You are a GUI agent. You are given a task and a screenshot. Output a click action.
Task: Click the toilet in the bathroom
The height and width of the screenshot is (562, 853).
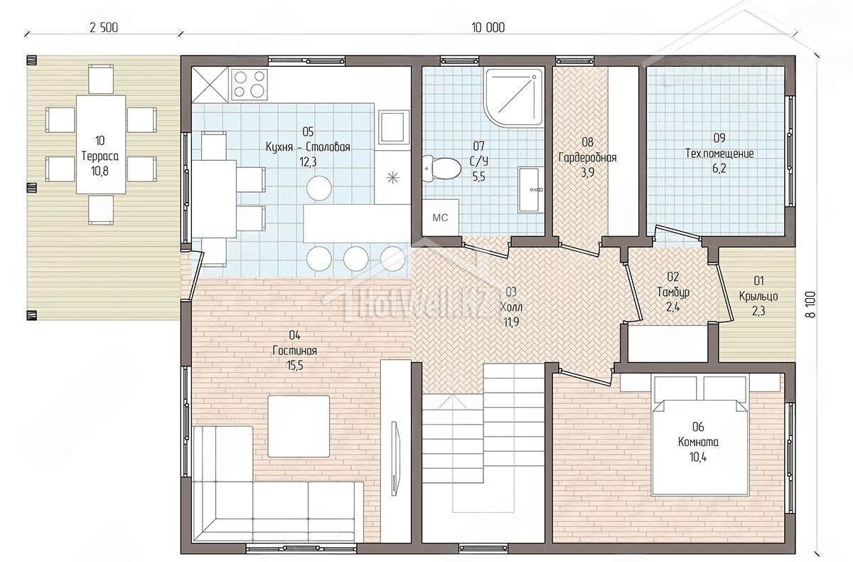point(441,168)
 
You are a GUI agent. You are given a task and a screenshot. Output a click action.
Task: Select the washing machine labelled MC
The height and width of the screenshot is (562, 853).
point(440,218)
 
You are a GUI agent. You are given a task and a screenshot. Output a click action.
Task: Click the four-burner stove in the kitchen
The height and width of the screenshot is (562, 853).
point(250,85)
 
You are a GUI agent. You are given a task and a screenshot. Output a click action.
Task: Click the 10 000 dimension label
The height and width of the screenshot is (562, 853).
point(488,28)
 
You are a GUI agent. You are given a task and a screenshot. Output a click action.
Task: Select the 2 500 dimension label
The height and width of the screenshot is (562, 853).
point(104,28)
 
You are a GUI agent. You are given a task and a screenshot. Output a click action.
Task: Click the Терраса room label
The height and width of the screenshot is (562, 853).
point(100,156)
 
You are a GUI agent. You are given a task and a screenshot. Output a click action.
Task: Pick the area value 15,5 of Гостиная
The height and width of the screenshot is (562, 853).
point(295,366)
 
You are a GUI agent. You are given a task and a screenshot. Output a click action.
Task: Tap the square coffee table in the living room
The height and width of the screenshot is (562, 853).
point(299,426)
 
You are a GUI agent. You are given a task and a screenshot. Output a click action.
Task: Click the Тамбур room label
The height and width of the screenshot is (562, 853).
point(673,292)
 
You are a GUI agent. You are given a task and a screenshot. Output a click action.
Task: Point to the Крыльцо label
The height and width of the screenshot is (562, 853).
point(758,296)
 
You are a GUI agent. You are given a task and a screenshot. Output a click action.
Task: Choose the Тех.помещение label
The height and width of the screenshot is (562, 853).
point(719,154)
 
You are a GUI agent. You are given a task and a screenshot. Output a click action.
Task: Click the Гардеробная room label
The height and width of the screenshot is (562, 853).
point(588,157)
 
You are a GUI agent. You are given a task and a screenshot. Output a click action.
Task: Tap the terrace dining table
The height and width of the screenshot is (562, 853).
point(101,144)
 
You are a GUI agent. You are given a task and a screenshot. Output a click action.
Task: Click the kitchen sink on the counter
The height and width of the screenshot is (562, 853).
point(394,127)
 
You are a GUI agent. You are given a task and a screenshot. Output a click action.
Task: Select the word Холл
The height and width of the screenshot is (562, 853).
point(511,307)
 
